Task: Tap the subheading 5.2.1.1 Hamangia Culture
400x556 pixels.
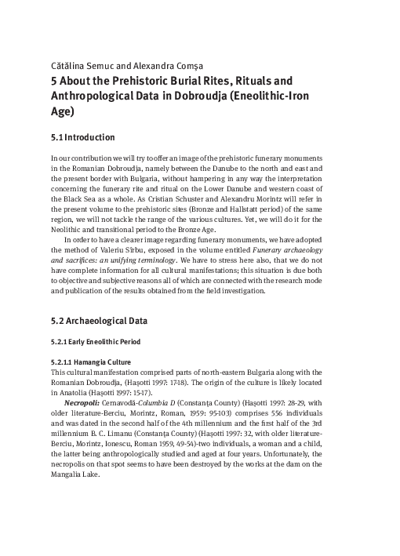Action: click(91, 362)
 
